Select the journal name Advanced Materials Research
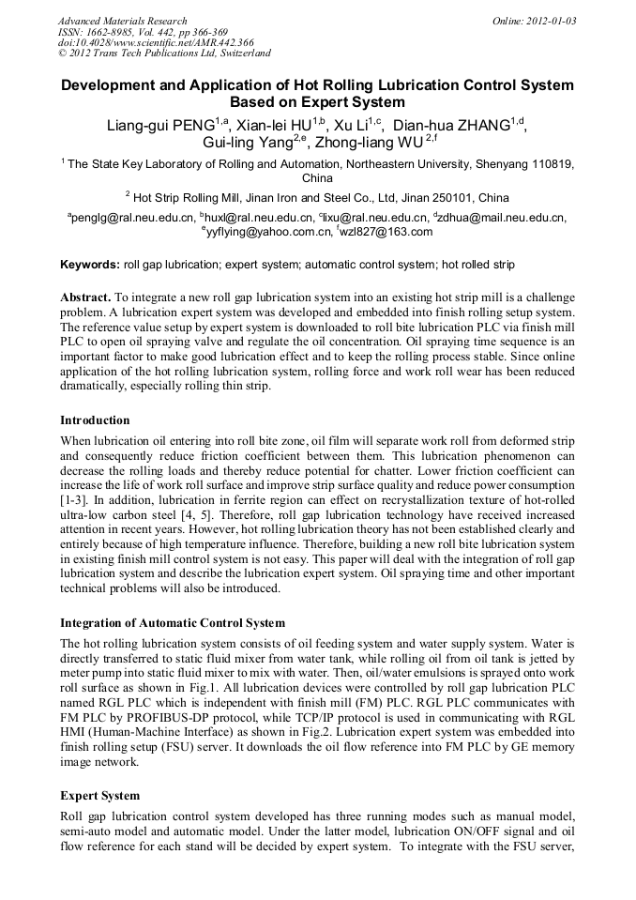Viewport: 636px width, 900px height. click(x=122, y=21)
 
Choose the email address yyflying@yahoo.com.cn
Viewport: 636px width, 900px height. click(x=266, y=233)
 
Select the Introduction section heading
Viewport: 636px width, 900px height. click(x=95, y=419)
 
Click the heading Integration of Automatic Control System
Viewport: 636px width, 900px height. click(x=173, y=622)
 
